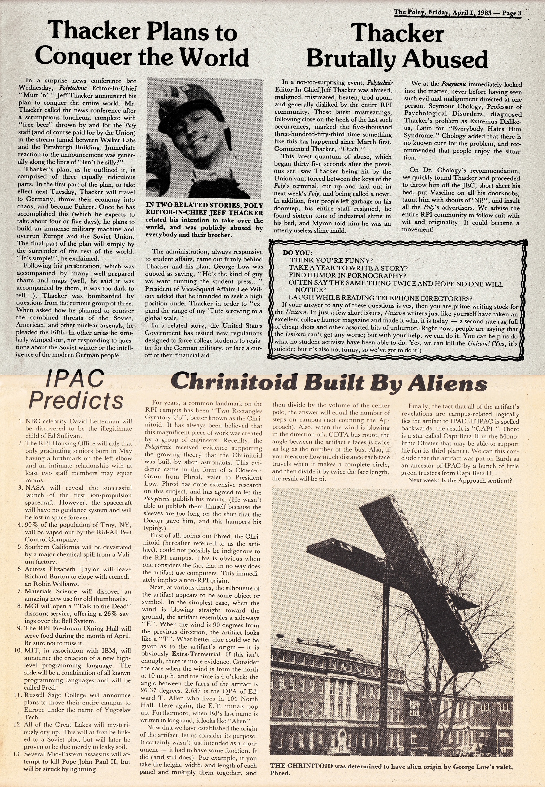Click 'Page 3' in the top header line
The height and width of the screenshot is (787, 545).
click(511, 13)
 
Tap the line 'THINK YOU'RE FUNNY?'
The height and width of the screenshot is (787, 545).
click(331, 260)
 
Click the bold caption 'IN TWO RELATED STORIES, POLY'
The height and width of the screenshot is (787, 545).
click(204, 205)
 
